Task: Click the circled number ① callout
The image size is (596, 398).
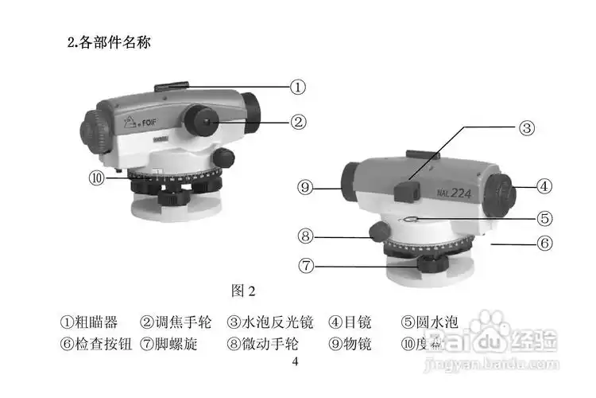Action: point(297,87)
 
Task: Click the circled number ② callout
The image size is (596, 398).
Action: point(297,122)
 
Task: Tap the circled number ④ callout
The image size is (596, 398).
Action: point(544,186)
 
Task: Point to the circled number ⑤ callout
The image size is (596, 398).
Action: point(544,217)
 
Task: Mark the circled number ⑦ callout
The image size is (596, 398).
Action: point(307,265)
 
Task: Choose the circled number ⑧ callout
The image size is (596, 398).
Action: point(307,236)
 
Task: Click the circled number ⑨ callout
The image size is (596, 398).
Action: point(307,188)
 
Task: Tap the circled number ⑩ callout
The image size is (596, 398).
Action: point(97,178)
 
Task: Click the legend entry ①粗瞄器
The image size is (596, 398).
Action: point(90,322)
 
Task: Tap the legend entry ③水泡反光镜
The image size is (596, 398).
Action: point(270,322)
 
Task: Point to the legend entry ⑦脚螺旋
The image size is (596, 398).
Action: point(168,344)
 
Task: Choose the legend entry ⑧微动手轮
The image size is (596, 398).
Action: point(261,344)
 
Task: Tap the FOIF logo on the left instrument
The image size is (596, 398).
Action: point(145,123)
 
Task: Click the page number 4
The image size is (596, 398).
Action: point(296,362)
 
